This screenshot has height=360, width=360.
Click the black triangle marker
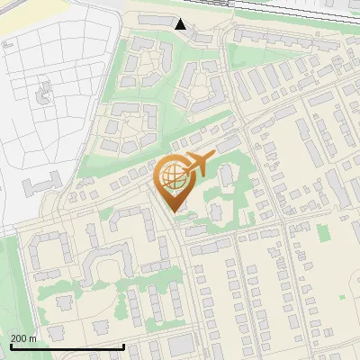pos(181,23)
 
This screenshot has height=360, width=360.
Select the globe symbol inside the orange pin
pos(172,177)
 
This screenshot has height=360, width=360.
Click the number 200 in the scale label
pos(19,338)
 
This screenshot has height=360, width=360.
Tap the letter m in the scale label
pos(32,338)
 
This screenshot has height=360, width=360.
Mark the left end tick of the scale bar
pos(10,346)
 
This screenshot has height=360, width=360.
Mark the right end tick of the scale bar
pos(123,346)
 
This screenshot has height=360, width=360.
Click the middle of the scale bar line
pos(67,347)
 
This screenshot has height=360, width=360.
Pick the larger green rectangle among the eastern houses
pos(323,233)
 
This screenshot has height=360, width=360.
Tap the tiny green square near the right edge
pos(343,296)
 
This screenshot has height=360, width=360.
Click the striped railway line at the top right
pos(297,6)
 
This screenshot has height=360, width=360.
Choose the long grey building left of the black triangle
pos(153,19)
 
